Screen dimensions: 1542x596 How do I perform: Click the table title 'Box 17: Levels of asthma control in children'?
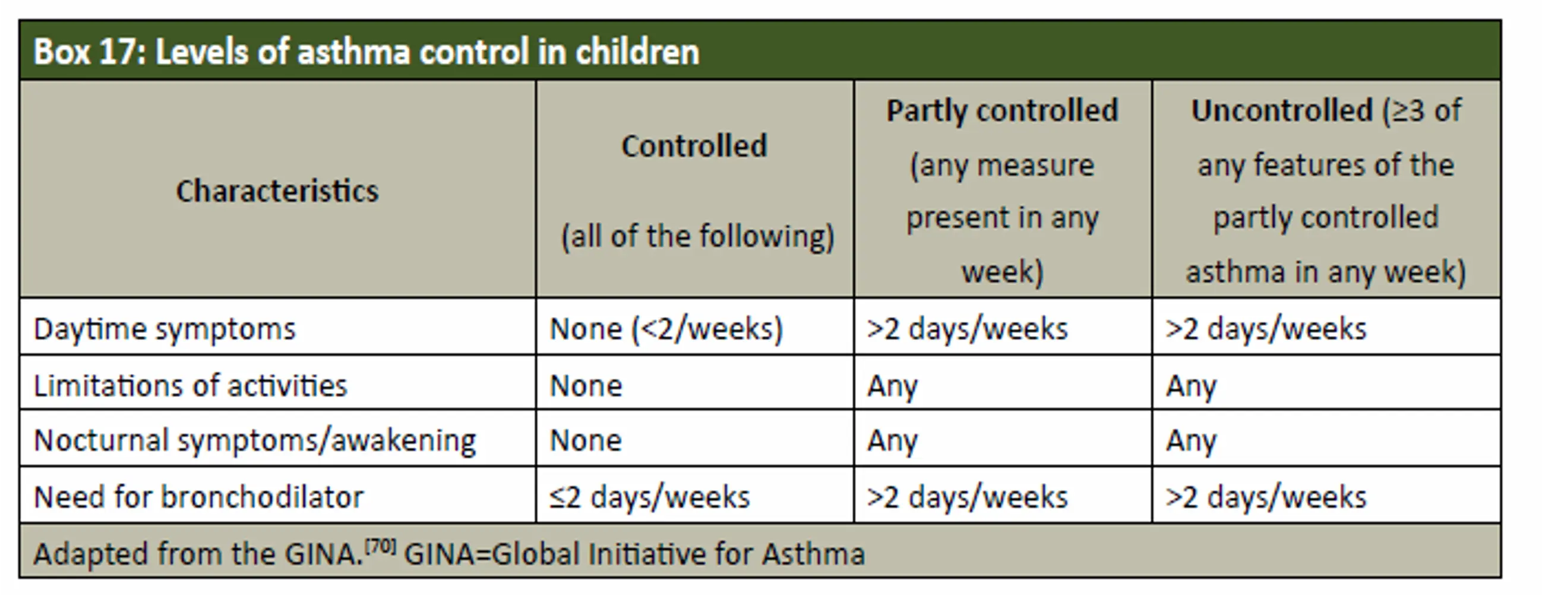click(366, 52)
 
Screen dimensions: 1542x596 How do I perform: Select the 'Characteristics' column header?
click(277, 191)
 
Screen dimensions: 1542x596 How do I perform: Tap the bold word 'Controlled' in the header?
click(694, 145)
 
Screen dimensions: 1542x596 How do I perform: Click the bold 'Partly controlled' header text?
click(1002, 110)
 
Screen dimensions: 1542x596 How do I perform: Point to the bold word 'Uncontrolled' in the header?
click(1282, 110)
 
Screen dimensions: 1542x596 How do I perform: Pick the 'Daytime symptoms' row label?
click(165, 328)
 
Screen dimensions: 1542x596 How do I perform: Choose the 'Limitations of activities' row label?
click(190, 385)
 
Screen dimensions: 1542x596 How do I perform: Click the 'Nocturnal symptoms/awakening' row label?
click(255, 440)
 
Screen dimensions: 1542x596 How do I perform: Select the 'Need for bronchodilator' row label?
click(199, 497)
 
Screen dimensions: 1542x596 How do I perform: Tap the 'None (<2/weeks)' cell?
click(666, 328)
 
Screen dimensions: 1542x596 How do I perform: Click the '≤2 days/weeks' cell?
click(649, 497)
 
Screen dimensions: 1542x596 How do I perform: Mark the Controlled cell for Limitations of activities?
click(586, 385)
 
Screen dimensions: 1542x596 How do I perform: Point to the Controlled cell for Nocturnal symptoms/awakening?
click(586, 440)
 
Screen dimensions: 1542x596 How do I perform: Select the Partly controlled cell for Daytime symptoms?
click(968, 328)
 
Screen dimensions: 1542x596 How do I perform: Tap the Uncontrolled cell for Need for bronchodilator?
click(1266, 497)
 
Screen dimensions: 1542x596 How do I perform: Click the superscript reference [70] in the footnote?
click(380, 546)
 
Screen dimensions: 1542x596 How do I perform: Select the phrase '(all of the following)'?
click(697, 236)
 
